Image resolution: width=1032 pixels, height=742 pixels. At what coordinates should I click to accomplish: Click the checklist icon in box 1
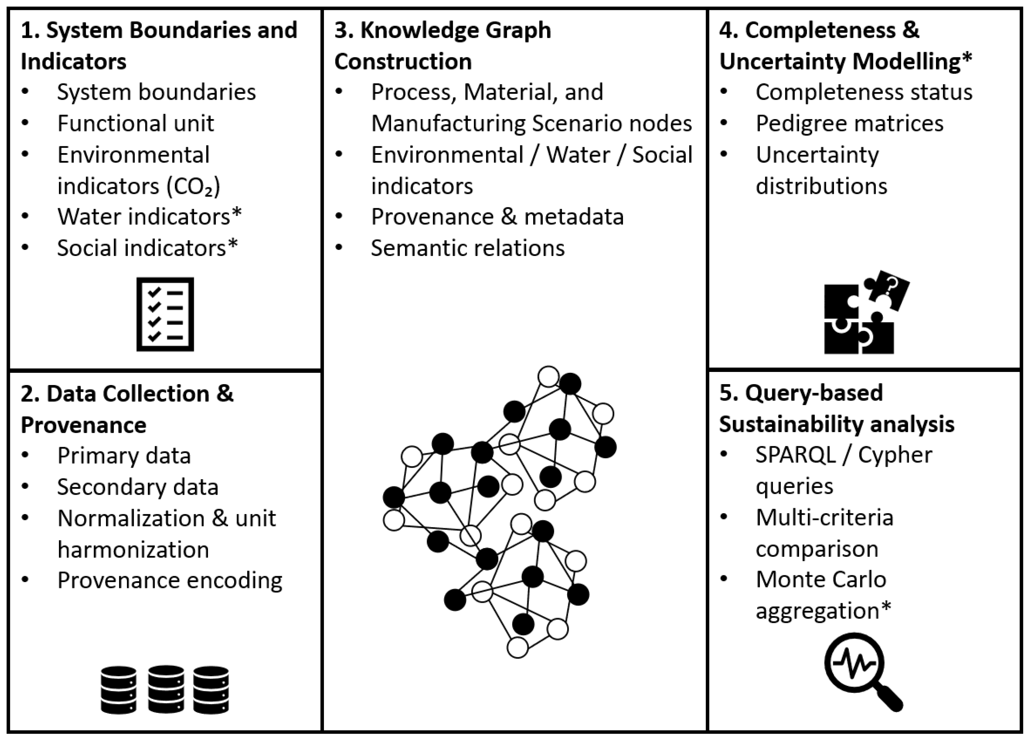click(x=165, y=314)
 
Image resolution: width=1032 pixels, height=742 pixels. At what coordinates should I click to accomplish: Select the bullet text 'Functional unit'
click(x=136, y=123)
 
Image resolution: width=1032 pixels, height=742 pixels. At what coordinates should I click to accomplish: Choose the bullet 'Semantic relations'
click(x=467, y=248)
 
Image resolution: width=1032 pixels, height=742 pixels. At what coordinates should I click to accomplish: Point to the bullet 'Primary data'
click(x=124, y=455)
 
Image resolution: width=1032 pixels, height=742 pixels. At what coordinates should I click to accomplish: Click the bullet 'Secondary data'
click(x=137, y=487)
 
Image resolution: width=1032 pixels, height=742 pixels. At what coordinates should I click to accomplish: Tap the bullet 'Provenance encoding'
click(x=170, y=580)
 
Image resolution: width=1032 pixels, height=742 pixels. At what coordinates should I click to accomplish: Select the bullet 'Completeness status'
click(x=864, y=92)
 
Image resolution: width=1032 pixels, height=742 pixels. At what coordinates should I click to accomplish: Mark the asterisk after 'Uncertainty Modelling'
click(x=967, y=58)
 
